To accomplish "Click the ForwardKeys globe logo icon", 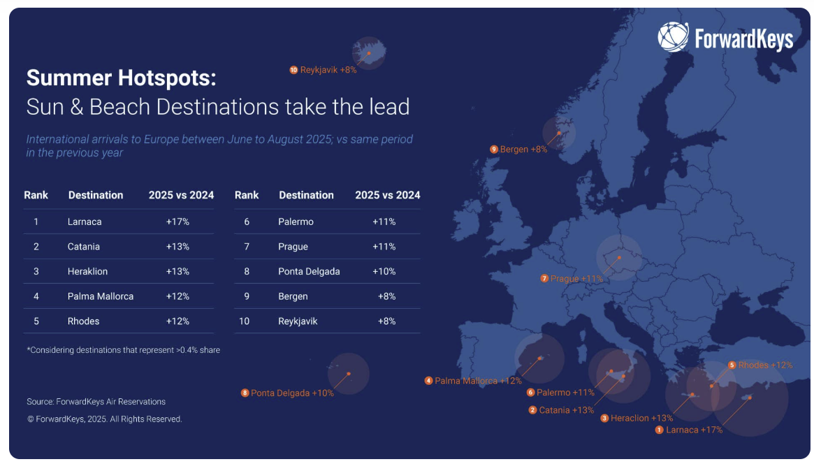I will pos(673,37).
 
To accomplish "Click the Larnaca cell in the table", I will pos(85,222).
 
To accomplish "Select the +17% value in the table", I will pos(177,222).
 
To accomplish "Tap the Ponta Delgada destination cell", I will pos(309,271).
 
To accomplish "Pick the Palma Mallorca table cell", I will pos(101,296).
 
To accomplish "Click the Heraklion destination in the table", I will pos(88,271).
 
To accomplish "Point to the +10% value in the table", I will pos(384,271).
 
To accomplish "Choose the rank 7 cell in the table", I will pos(247,247).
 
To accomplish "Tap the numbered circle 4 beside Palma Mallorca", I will pos(428,381).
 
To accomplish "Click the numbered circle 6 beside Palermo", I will pos(530,393).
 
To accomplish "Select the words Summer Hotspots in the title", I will pos(121,78).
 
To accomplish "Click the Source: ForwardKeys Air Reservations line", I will pos(96,402).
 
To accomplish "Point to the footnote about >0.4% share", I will pos(123,350).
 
